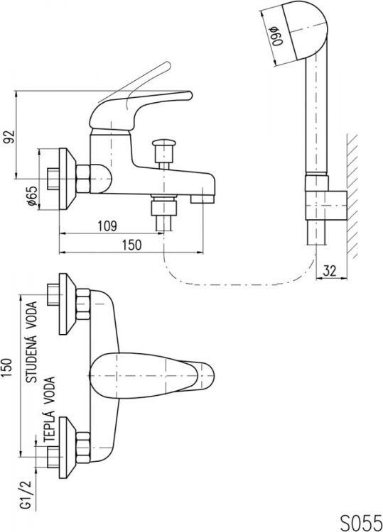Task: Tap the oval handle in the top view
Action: (x=153, y=373)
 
